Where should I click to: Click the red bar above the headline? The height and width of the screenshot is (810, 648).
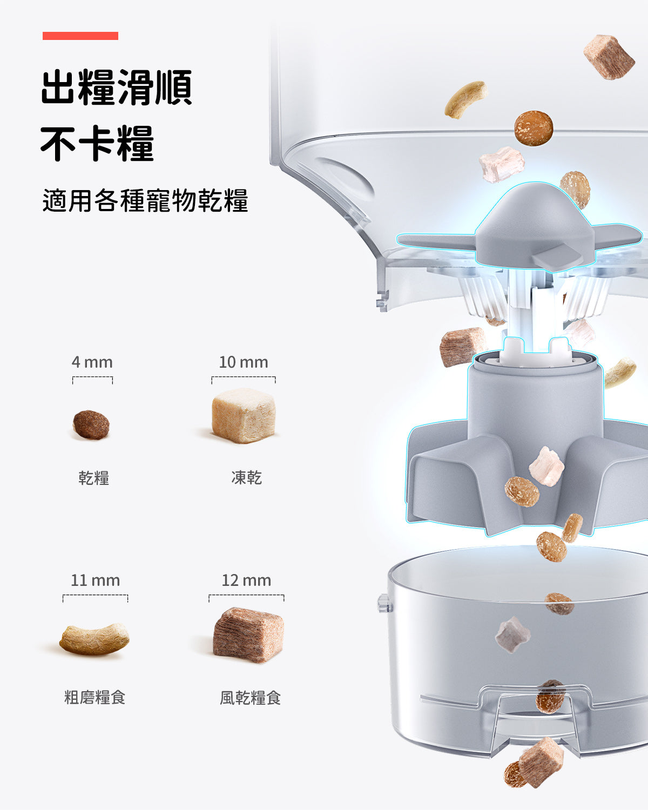80,36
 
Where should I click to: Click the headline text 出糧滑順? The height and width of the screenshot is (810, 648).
116,87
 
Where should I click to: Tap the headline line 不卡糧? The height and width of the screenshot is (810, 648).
97,144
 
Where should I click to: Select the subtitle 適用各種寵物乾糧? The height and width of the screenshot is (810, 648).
145,200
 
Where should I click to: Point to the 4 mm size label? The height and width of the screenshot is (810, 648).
92,362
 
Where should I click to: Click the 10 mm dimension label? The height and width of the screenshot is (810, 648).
243,362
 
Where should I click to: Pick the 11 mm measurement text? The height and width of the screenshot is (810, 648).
95,580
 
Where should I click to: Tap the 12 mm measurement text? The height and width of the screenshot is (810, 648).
246,580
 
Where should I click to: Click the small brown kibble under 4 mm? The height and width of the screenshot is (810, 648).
91,424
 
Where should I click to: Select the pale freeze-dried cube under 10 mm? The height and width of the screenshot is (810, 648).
244,415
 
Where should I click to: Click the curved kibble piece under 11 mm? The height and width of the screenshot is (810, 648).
94,639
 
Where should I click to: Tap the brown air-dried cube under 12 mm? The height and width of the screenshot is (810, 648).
248,634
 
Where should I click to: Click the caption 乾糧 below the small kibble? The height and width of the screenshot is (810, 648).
94,478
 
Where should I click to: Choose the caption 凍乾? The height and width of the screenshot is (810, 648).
246,477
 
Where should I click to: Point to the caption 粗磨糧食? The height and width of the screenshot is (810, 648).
95,697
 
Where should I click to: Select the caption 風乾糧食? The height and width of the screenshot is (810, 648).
250,698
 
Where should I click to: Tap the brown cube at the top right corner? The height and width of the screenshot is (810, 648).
609,57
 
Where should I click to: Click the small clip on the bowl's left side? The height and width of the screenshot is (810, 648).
383,603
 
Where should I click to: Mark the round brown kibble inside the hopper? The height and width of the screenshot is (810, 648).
533,128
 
